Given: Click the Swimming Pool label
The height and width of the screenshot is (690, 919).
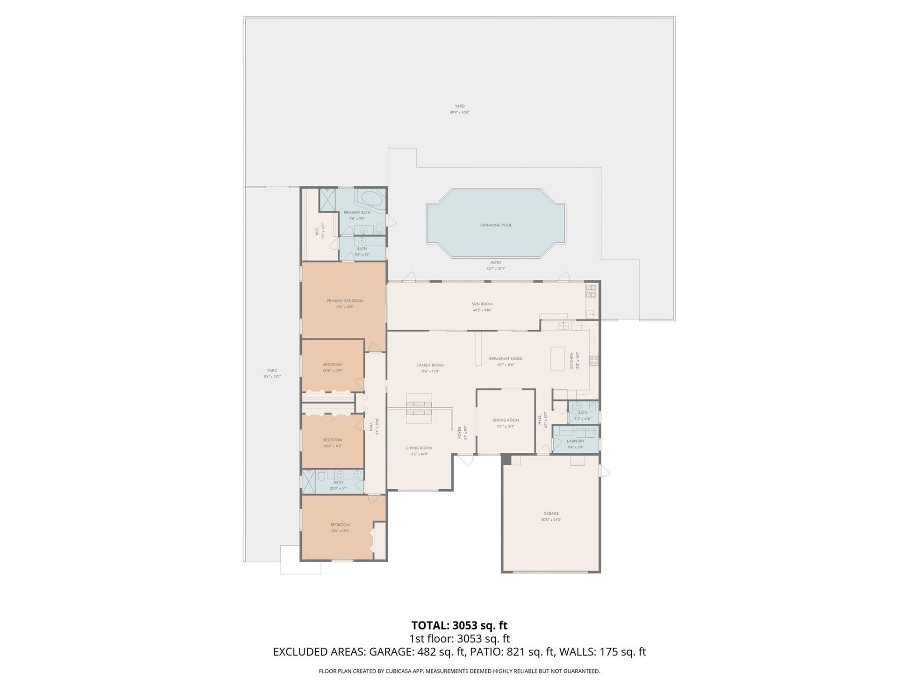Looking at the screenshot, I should click(495, 225).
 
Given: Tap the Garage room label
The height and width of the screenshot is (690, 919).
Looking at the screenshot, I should click(551, 514).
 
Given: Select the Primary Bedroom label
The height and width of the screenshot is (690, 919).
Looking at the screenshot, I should click(345, 301).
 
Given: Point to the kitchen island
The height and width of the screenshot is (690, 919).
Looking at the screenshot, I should click(558, 358).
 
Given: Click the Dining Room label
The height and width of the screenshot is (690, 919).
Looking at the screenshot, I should click(505, 420).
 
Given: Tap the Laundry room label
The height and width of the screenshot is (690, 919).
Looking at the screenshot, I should click(575, 441).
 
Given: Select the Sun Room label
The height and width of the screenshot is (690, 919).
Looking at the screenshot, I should click(482, 304).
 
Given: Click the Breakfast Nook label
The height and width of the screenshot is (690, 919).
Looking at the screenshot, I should click(505, 359).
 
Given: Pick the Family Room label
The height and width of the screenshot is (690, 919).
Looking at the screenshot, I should click(430, 365).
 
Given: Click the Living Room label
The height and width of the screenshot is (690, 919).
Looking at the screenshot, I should click(419, 448).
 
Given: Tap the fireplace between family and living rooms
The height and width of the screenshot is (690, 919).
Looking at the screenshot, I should click(419, 408).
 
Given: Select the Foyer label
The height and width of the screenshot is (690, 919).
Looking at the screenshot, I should click(459, 432).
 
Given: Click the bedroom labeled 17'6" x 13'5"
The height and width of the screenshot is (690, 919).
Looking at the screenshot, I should click(340, 525).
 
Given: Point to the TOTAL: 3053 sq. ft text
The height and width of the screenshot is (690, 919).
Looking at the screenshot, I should click(459, 625).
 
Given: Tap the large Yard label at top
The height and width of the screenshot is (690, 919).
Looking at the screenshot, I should click(459, 106).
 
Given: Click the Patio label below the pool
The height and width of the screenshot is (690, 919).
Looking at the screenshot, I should click(495, 263).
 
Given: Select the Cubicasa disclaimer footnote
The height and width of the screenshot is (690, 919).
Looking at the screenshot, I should click(459, 671).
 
